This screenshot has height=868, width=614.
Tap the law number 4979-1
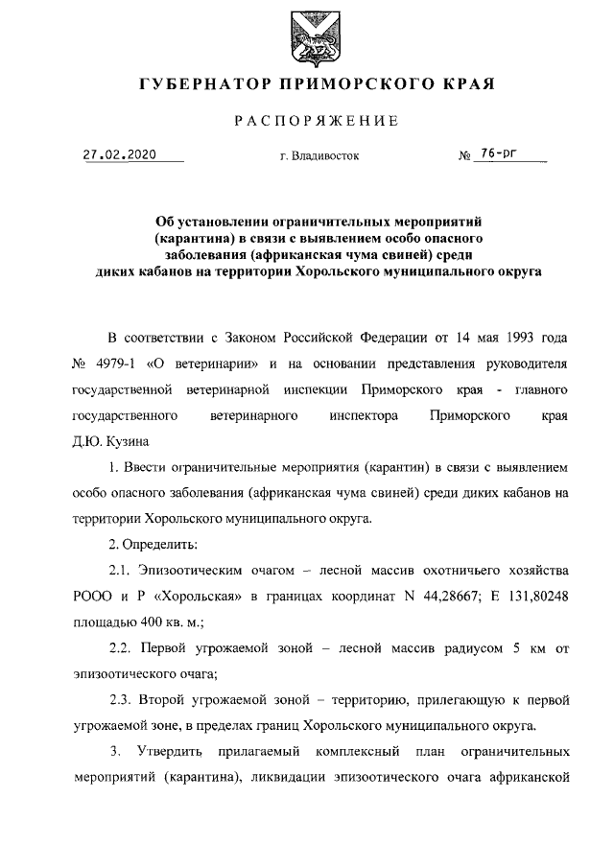click(120, 365)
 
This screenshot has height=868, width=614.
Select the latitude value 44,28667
click(437, 596)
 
